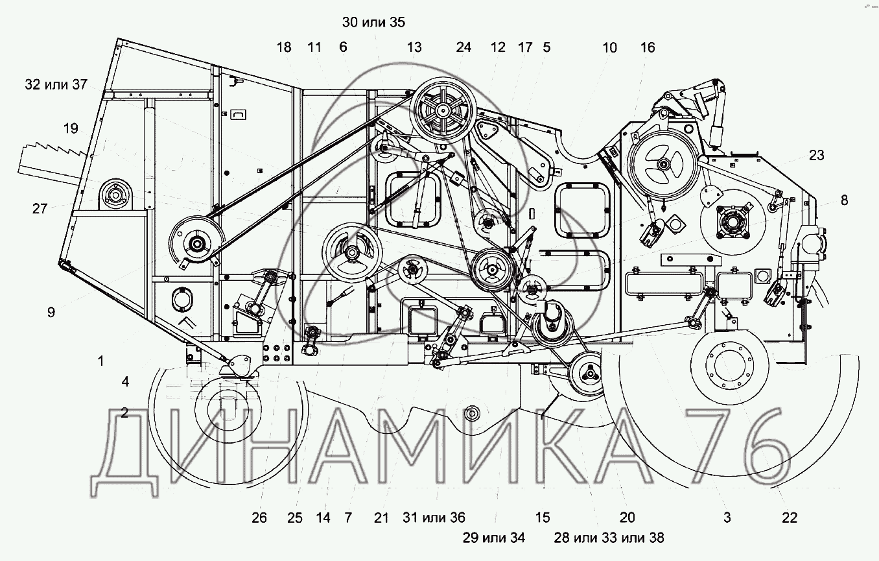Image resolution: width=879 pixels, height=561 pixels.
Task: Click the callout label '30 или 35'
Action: [373, 23]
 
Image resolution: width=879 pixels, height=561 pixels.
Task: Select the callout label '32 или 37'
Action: [56, 84]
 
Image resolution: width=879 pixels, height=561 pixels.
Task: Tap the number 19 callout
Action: [71, 128]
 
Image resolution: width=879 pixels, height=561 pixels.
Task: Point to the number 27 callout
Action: [40, 208]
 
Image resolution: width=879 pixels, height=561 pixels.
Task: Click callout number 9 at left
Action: [51, 313]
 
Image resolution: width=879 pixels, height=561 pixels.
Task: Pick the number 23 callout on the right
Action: [817, 156]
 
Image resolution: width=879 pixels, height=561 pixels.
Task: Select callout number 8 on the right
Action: [845, 200]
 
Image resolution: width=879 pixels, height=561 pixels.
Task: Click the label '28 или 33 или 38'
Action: [609, 538]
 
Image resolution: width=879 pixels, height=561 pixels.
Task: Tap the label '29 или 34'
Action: [494, 538]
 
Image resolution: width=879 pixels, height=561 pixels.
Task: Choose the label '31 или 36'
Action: [434, 518]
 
